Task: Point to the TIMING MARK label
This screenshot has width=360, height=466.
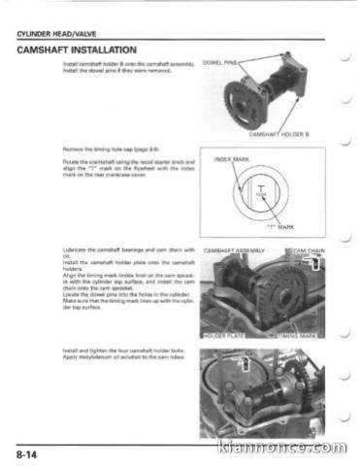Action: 302,335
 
